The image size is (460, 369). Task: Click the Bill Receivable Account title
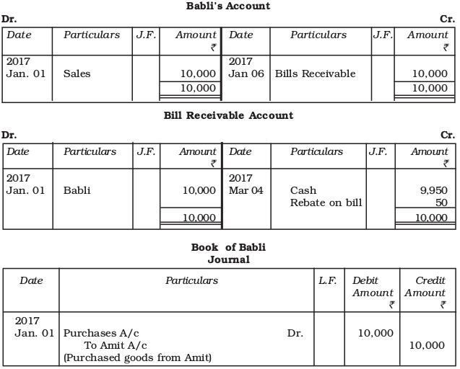pyautogui.click(x=229, y=115)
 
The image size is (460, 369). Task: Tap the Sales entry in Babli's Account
pyautogui.click(x=77, y=74)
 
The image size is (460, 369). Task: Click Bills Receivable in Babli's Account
pyautogui.click(x=315, y=74)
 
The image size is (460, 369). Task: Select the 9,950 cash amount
pyautogui.click(x=433, y=191)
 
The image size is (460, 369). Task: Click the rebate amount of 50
pyautogui.click(x=441, y=203)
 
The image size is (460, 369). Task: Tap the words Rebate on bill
pyautogui.click(x=326, y=203)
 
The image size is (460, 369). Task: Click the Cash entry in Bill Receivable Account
pyautogui.click(x=303, y=191)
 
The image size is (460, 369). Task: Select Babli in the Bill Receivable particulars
pyautogui.click(x=78, y=191)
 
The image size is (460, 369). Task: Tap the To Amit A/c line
pyautogui.click(x=116, y=345)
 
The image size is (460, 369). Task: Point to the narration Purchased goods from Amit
pyautogui.click(x=137, y=357)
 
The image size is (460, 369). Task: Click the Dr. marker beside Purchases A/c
pyautogui.click(x=295, y=334)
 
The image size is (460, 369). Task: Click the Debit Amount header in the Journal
pyautogui.click(x=373, y=287)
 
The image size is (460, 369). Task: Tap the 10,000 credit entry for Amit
pyautogui.click(x=427, y=345)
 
